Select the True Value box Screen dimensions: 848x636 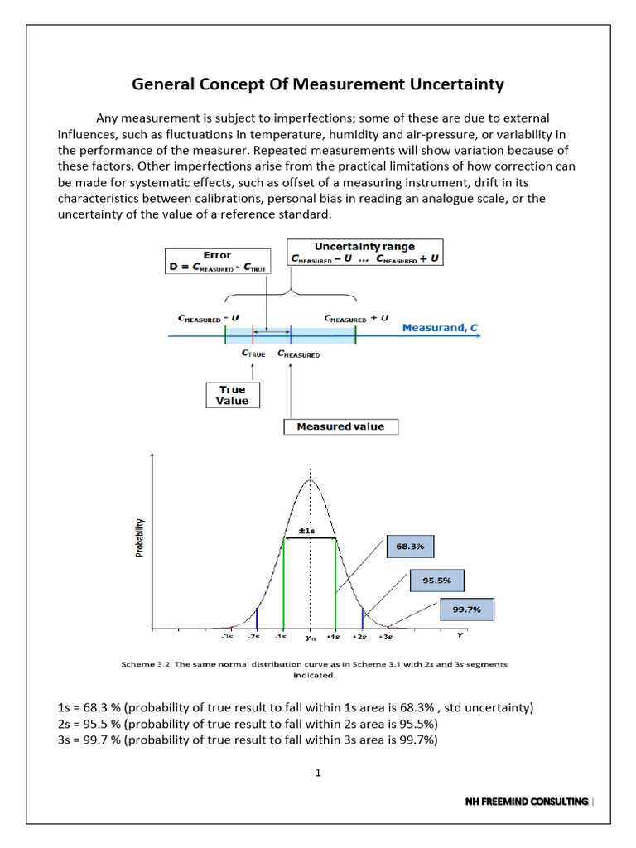pyautogui.click(x=232, y=395)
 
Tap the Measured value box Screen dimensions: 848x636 pyautogui.click(x=340, y=426)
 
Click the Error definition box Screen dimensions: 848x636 pyautogui.click(x=217, y=261)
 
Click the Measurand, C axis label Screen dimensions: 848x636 pyautogui.click(x=439, y=328)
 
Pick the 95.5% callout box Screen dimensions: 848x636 pyautogui.click(x=436, y=580)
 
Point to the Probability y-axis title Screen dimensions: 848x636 pyautogui.click(x=140, y=538)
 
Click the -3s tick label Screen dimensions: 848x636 pyautogui.click(x=227, y=637)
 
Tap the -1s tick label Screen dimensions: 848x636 pyautogui.click(x=281, y=637)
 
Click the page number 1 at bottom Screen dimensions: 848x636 pyautogui.click(x=317, y=773)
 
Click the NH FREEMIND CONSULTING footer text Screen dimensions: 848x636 pyautogui.click(x=525, y=802)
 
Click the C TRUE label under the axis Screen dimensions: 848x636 pyautogui.click(x=253, y=354)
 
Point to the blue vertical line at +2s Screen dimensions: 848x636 pyautogui.click(x=363, y=618)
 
